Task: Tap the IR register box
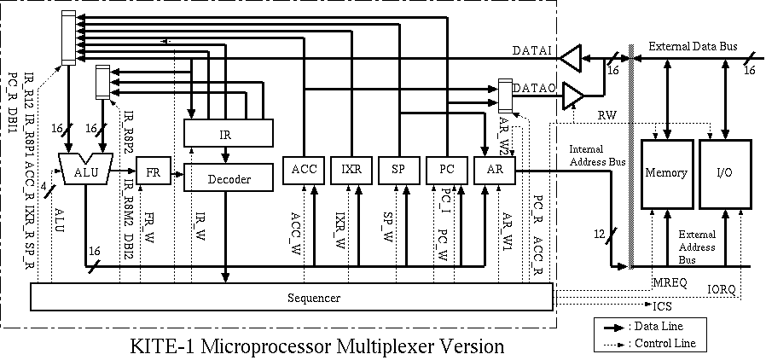tap(228, 132)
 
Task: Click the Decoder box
tap(228, 178)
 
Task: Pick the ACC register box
tap(304, 171)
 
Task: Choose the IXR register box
tap(351, 171)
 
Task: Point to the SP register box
tap(399, 171)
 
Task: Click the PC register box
tap(447, 171)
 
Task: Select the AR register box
tap(495, 171)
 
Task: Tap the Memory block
tap(667, 174)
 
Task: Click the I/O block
tap(725, 174)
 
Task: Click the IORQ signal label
tap(722, 290)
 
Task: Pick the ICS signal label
tap(663, 307)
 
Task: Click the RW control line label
tap(606, 115)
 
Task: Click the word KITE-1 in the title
tap(162, 345)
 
